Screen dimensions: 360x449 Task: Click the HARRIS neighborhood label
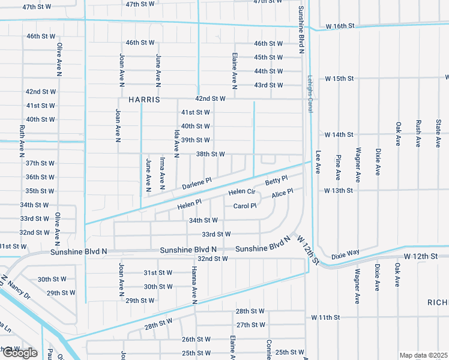coord(144,100)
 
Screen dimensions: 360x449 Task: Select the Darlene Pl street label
coord(197,183)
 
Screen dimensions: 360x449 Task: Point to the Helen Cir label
coord(243,192)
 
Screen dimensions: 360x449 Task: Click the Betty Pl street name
coord(277,180)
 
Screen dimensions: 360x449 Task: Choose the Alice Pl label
coord(282,193)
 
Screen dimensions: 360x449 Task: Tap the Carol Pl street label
coord(245,206)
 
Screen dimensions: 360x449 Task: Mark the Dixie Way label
coord(345,253)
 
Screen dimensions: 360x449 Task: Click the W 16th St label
coord(340,26)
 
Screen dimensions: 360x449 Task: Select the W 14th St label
coord(339,134)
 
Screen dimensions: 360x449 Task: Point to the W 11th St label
coord(325,317)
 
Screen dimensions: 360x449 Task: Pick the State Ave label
coord(438,132)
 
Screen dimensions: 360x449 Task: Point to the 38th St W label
coord(210,154)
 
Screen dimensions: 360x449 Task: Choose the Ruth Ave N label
coord(22,137)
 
